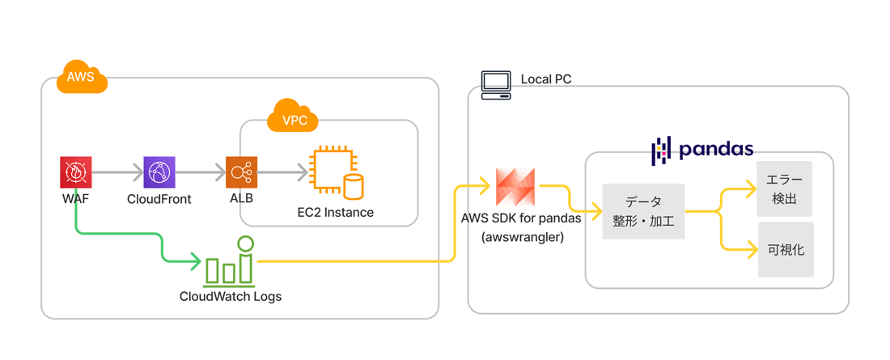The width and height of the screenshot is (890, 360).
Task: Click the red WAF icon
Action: click(x=77, y=172)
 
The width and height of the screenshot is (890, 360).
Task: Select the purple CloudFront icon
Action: click(x=159, y=172)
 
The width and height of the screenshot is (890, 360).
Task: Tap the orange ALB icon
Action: click(x=242, y=172)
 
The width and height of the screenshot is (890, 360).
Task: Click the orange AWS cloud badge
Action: click(x=83, y=76)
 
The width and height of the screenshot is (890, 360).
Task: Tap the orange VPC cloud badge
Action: click(x=293, y=116)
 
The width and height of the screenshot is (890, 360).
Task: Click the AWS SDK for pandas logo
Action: click(x=515, y=188)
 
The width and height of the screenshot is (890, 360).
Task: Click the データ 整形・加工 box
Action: click(x=643, y=211)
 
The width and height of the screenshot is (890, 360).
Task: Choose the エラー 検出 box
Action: click(x=785, y=189)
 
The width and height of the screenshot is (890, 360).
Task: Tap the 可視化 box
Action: click(x=785, y=250)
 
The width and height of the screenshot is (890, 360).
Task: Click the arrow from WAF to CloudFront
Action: click(x=117, y=172)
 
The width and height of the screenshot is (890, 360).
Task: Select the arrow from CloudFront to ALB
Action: click(x=201, y=172)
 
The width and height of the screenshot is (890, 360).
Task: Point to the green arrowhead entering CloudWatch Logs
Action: click(x=196, y=262)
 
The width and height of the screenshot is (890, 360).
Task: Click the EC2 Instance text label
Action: click(x=336, y=213)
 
